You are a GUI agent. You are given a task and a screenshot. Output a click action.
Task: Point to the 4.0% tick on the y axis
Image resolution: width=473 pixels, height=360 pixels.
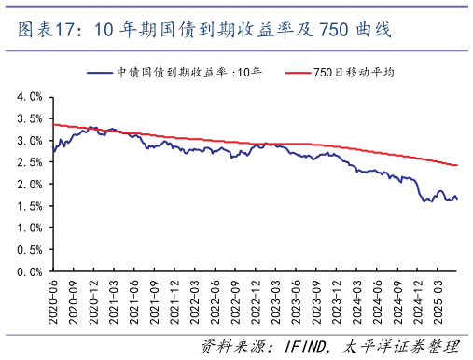point(28,97)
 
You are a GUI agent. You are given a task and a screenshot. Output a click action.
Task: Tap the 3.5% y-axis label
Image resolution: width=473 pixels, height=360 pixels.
point(28,118)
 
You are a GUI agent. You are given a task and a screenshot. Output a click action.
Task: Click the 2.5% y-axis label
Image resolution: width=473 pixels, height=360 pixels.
point(28,162)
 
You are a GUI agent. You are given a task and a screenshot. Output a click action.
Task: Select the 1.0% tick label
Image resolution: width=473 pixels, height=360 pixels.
point(28,228)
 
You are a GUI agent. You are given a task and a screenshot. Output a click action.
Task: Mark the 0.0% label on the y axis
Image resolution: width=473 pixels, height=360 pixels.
point(28,271)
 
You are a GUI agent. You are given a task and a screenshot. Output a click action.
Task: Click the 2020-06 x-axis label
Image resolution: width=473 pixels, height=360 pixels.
point(54,299)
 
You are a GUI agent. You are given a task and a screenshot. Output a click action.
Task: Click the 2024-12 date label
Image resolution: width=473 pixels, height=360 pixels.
point(417,299)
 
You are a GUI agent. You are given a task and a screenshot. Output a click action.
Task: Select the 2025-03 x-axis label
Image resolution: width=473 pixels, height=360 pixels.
point(438,299)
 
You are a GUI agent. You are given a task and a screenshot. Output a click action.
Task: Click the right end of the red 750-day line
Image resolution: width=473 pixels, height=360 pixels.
point(457,165)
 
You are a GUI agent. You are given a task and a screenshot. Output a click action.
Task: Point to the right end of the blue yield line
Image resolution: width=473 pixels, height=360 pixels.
point(457,199)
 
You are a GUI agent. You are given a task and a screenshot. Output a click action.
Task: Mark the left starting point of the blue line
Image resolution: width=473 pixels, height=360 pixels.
point(53,151)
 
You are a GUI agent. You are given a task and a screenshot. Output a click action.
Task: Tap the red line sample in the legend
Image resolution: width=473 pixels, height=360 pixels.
point(296,73)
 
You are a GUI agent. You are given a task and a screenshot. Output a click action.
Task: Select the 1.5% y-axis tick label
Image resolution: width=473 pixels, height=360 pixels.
point(28,206)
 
